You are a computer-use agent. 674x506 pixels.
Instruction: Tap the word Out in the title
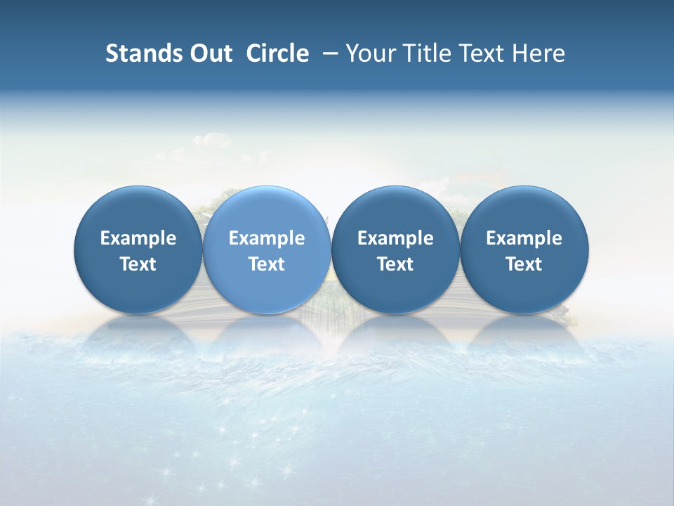click(209, 53)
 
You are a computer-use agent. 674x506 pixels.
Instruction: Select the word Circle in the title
click(277, 53)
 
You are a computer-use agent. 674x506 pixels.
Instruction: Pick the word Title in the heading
click(424, 53)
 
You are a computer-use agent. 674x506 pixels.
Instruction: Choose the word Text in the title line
click(480, 53)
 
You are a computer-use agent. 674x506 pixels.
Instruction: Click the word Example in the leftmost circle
click(138, 238)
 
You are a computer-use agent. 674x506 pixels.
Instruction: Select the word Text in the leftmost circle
click(138, 264)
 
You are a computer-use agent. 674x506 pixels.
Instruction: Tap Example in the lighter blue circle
click(267, 238)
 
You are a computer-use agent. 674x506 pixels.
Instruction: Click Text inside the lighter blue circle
click(267, 264)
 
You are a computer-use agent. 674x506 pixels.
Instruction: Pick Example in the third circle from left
click(395, 238)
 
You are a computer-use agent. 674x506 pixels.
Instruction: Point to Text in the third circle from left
click(395, 264)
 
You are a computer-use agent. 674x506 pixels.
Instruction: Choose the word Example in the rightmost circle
click(524, 238)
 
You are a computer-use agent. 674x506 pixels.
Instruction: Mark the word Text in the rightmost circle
click(524, 264)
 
